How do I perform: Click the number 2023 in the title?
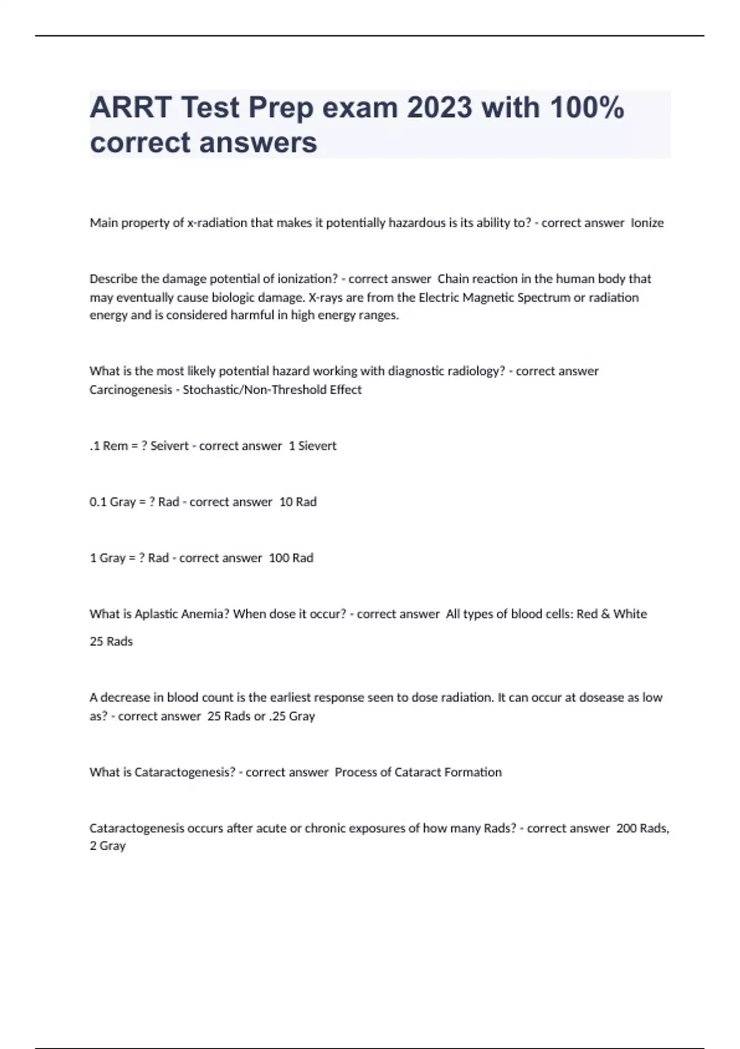(x=439, y=107)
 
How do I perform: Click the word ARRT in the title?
(x=130, y=107)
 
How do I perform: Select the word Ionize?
(x=647, y=223)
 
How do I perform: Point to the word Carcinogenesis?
(x=131, y=389)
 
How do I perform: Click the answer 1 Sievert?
(x=313, y=446)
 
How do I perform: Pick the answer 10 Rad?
(x=298, y=502)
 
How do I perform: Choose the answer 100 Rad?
(x=291, y=558)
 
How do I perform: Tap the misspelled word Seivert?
(x=170, y=446)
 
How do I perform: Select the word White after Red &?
(x=630, y=614)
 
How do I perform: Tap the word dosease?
(x=594, y=697)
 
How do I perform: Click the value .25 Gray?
(x=292, y=716)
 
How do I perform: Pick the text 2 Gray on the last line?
(x=108, y=845)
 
